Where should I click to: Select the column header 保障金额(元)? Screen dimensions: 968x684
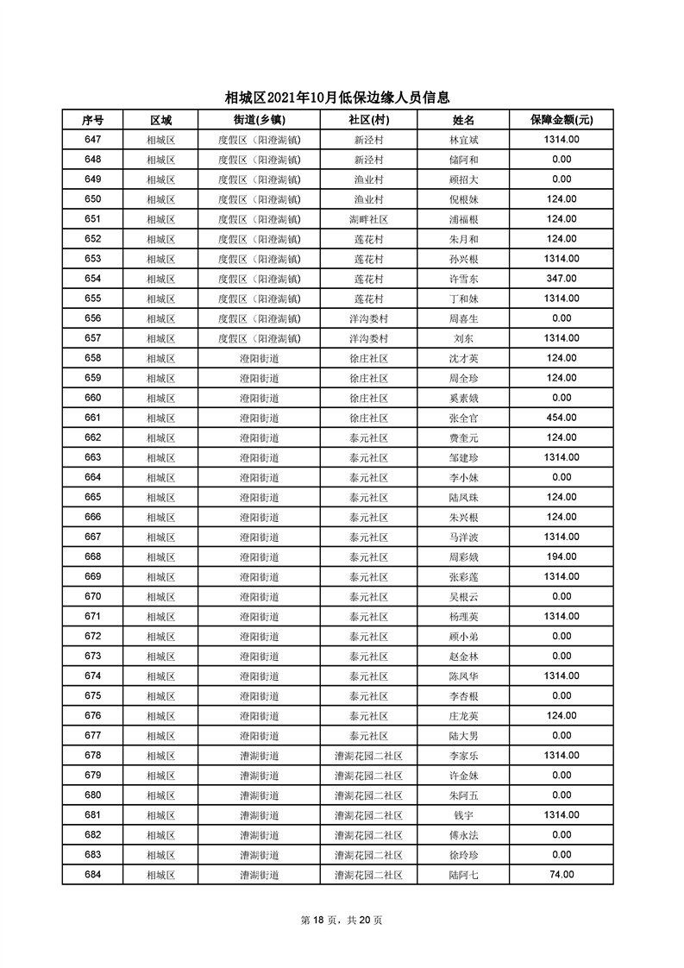(x=561, y=120)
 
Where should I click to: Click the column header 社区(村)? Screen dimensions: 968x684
(x=368, y=120)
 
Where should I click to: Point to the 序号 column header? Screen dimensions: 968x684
(x=92, y=120)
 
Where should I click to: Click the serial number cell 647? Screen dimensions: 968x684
(x=92, y=140)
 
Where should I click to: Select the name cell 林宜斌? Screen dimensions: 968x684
(x=463, y=140)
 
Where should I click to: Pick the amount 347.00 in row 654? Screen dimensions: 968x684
(x=561, y=279)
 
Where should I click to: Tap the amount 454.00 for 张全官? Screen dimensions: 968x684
(x=561, y=418)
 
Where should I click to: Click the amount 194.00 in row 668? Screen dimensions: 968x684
(x=561, y=556)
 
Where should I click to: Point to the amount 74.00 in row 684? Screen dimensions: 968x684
(x=561, y=874)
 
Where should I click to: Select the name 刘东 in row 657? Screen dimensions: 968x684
(x=463, y=338)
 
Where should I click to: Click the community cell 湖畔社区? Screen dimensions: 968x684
(x=368, y=219)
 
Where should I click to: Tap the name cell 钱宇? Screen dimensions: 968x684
(x=463, y=815)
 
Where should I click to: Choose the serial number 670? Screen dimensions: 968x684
(x=92, y=596)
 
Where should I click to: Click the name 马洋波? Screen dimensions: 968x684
(x=463, y=537)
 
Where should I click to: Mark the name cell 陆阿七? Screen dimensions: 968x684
(x=463, y=875)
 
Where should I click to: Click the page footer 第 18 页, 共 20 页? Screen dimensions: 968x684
(x=342, y=920)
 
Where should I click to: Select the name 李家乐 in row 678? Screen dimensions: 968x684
(x=463, y=756)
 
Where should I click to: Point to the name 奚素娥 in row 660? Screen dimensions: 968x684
(x=463, y=398)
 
